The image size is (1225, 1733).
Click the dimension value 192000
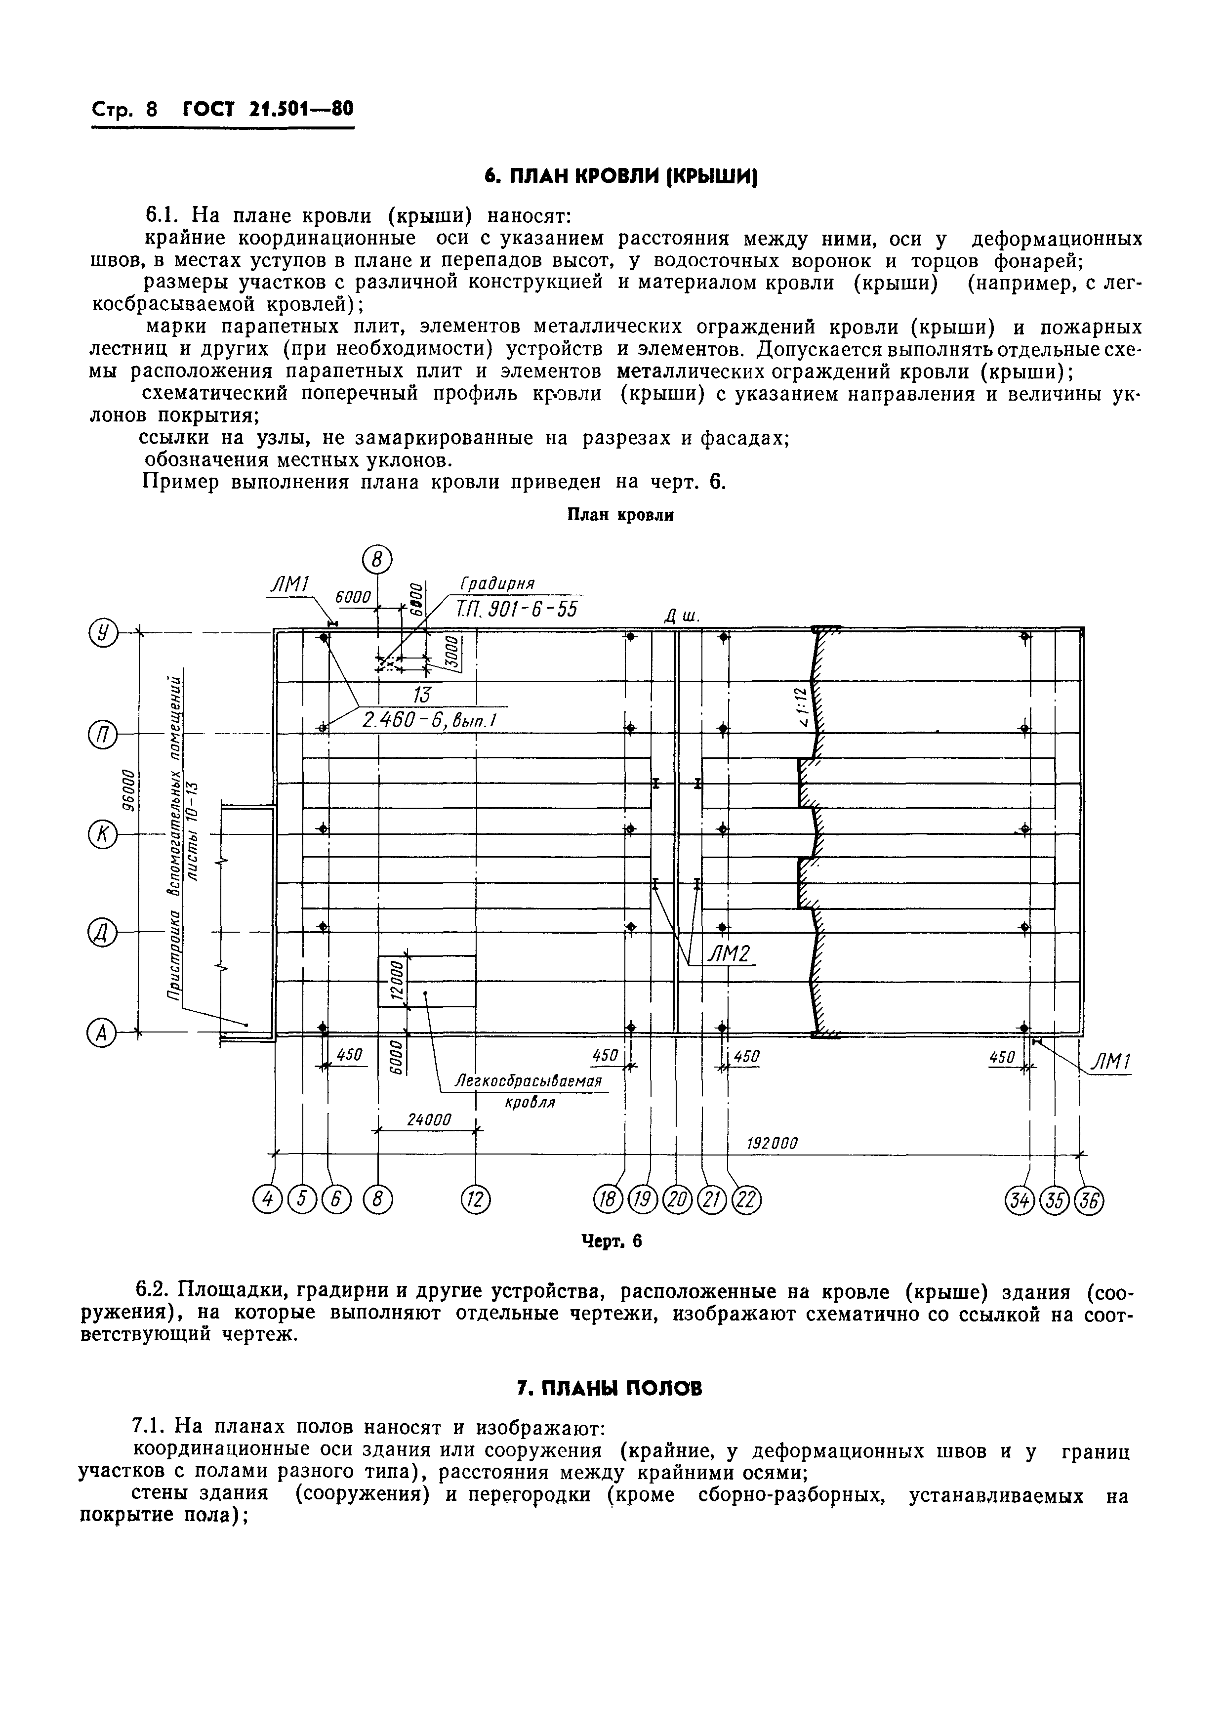pyautogui.click(x=772, y=1144)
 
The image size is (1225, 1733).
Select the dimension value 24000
pyautogui.click(x=429, y=1119)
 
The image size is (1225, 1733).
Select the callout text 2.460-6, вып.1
pyautogui.click(x=429, y=720)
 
